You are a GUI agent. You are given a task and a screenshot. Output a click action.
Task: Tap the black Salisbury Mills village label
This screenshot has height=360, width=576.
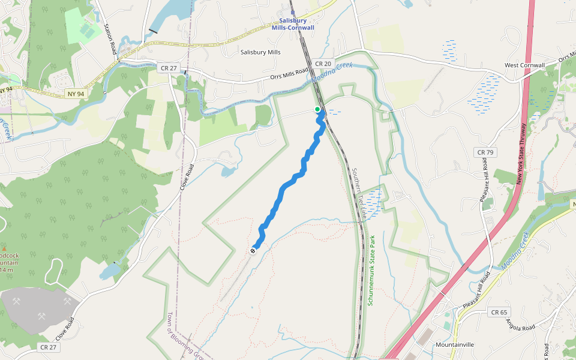(260, 52)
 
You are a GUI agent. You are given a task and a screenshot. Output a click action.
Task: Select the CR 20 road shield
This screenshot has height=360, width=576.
(322, 64)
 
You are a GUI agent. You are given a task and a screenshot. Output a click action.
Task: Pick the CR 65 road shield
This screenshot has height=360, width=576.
(499, 312)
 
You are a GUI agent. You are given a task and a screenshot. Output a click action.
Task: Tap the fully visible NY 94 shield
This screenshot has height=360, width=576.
(73, 94)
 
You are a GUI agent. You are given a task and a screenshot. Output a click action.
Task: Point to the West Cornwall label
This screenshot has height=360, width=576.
(524, 65)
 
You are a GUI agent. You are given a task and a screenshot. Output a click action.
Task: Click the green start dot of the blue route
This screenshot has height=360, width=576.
(317, 109)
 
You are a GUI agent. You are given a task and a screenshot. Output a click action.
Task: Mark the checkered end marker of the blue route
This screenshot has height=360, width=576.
(253, 250)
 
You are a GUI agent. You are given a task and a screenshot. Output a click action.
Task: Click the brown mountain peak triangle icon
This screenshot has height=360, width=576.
(5, 248)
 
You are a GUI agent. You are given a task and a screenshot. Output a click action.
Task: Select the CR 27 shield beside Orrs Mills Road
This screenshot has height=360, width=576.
(169, 68)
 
